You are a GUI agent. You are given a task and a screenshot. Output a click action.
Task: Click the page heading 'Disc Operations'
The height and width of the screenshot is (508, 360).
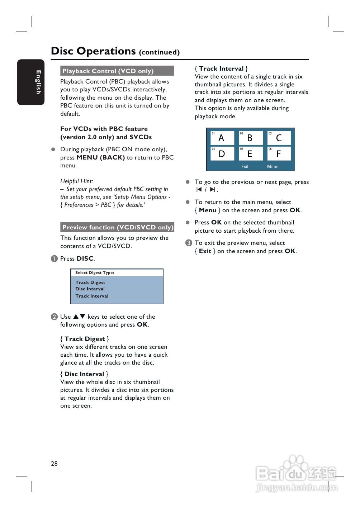(x=93, y=51)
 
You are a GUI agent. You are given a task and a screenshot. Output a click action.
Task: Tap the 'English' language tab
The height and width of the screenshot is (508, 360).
(x=38, y=82)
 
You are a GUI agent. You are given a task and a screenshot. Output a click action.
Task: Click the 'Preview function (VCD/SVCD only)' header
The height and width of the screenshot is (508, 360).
(x=117, y=227)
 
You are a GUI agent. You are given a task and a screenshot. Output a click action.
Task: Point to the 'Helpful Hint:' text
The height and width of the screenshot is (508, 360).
(x=76, y=181)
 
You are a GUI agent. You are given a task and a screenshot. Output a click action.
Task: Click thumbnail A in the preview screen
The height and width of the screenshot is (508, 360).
(x=222, y=138)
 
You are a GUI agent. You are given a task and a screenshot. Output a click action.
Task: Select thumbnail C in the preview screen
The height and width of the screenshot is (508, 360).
(x=279, y=138)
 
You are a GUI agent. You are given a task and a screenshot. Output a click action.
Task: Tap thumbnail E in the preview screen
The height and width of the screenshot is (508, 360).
(x=250, y=154)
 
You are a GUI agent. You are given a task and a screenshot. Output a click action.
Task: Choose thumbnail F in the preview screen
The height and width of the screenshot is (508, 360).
(x=279, y=154)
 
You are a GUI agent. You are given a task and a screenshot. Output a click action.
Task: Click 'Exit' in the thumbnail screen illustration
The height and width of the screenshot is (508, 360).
(x=245, y=167)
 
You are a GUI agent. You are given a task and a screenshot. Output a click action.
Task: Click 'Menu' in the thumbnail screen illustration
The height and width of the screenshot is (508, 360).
(x=273, y=167)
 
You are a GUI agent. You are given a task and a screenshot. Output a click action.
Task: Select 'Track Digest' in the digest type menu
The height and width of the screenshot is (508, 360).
(x=90, y=283)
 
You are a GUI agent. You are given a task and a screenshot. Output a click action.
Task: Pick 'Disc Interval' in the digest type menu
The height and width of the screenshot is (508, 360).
(x=90, y=289)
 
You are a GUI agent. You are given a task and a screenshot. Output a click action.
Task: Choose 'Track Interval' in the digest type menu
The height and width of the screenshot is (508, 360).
(x=92, y=296)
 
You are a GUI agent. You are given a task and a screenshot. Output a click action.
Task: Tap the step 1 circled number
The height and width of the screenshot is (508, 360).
(x=54, y=259)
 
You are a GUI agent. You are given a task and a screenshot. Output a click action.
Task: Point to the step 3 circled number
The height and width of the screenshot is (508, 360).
(x=189, y=243)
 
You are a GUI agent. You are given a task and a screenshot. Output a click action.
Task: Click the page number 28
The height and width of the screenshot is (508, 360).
(x=54, y=464)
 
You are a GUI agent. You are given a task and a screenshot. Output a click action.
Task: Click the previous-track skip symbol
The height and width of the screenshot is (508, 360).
(x=199, y=190)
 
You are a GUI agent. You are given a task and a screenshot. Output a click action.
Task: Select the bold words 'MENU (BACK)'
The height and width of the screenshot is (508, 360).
(x=101, y=157)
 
